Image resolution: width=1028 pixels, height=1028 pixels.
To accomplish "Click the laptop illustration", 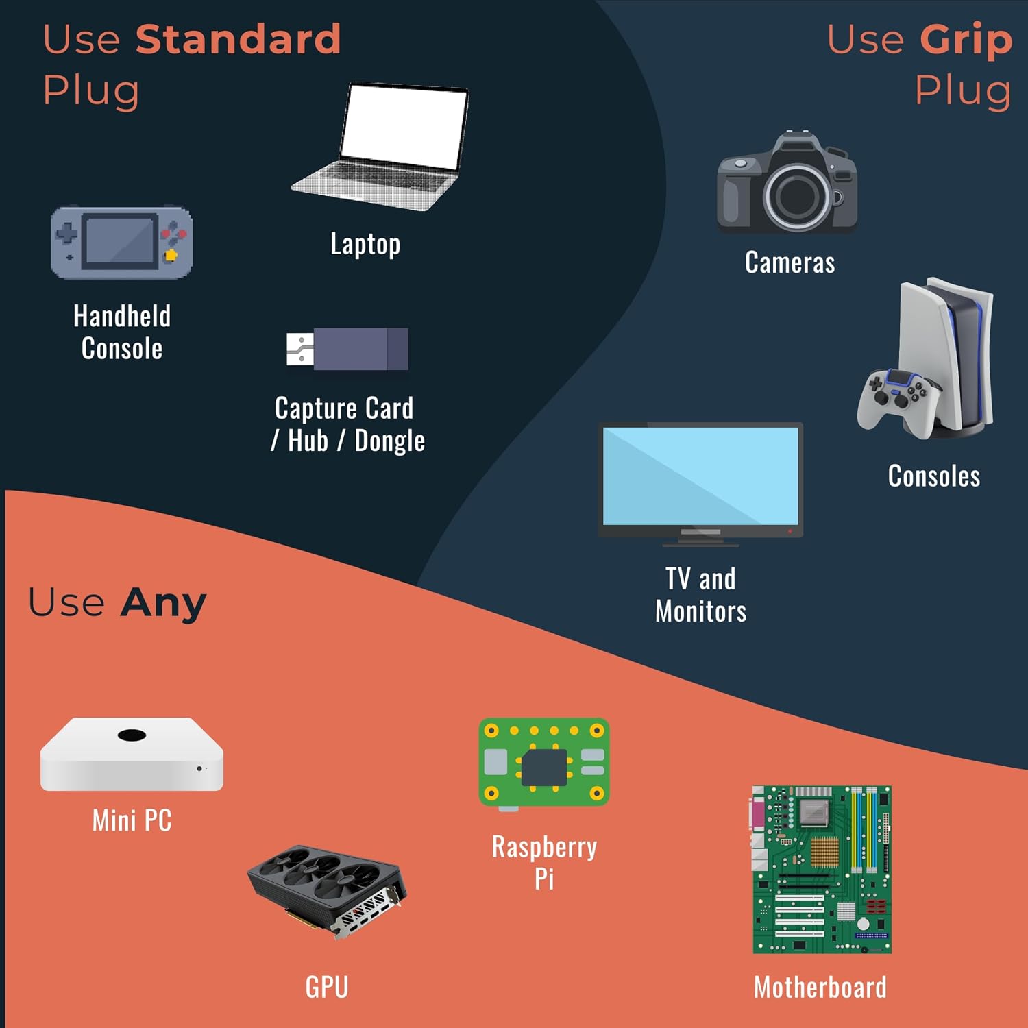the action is coord(381,147).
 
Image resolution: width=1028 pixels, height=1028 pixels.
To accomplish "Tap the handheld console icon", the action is coord(121,242).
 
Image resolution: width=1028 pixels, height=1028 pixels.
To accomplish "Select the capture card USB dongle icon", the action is coord(347,349).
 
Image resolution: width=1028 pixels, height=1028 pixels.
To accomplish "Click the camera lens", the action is coord(797,197).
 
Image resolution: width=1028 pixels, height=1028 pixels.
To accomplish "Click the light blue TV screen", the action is coord(700,476).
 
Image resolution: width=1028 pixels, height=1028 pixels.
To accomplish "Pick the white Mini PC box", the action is coord(132,754).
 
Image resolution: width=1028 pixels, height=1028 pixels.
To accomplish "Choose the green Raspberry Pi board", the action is coord(544,763).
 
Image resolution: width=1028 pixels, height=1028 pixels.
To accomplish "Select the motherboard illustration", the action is coord(821,870).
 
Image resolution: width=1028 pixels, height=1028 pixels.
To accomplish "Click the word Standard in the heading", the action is coord(238,39).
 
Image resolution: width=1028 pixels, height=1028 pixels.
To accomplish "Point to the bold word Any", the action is coord(163,604).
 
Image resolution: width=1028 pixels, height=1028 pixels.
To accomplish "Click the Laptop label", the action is coord(365,244).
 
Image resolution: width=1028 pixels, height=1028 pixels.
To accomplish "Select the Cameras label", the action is coord(790,262).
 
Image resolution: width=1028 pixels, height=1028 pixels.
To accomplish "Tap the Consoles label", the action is coord(934,476).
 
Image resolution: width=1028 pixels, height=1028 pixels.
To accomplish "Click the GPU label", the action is coord(327,987).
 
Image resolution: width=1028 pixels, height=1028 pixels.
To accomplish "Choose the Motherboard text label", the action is coord(820,987).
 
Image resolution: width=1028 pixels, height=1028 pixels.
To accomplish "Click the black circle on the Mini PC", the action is coord(132,735).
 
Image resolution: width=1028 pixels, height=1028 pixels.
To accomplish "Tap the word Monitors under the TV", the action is coord(700,611).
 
